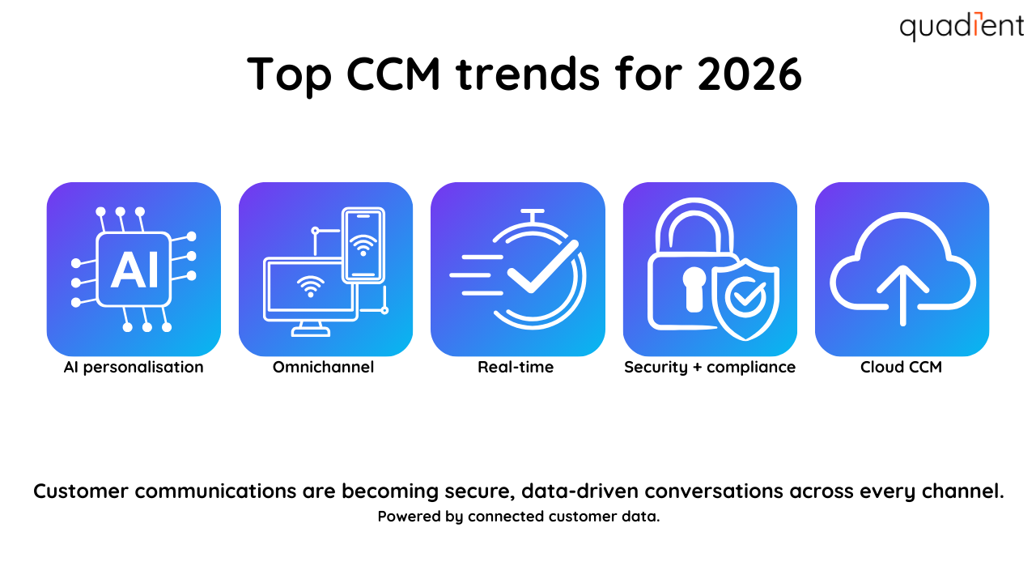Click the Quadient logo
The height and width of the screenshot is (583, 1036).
tap(962, 27)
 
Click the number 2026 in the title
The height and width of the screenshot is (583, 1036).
tap(749, 74)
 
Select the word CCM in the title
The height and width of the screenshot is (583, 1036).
tap(394, 74)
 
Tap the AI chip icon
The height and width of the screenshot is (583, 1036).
tap(134, 269)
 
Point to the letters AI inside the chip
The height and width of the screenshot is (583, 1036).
tap(134, 270)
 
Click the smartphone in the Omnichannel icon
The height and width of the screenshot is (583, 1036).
tap(363, 245)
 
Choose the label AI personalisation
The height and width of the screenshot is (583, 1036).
tap(134, 368)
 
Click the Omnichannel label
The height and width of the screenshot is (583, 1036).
tap(323, 368)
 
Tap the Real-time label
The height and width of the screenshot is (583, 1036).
tap(516, 368)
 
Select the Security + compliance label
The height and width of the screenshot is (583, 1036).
tap(710, 368)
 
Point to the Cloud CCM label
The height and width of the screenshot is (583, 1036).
tap(901, 368)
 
